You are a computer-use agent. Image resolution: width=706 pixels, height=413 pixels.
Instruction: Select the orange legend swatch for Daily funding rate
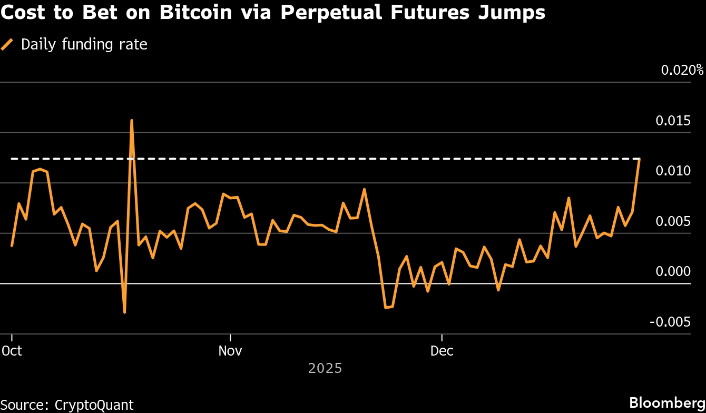[x=7, y=45]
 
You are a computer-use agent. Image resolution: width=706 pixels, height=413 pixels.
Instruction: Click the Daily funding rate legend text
[x=84, y=45]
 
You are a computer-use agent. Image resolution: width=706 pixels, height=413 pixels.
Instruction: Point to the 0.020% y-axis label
[x=682, y=70]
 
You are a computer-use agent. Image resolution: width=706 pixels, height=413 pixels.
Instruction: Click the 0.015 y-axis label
[x=673, y=121]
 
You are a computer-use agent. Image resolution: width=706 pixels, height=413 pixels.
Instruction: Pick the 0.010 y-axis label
[x=673, y=171]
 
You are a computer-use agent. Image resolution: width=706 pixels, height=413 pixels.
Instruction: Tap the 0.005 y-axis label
[x=673, y=221]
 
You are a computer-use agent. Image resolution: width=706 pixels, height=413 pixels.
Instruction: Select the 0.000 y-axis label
[x=673, y=271]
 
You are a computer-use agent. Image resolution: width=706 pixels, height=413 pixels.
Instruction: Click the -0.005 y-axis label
[x=670, y=322]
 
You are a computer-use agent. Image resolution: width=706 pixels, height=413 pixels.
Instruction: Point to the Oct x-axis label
[x=12, y=350]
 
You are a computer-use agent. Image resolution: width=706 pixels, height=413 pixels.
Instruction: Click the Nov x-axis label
[x=230, y=350]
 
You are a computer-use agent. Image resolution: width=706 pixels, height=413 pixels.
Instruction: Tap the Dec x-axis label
[x=442, y=350]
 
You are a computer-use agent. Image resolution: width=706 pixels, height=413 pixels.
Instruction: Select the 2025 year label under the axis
[x=325, y=368]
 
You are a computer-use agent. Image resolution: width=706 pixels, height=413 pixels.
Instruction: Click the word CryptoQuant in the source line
[x=94, y=405]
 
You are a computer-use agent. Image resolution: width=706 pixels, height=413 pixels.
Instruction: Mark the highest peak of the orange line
[x=131, y=120]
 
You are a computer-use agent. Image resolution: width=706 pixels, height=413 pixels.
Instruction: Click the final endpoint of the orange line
[x=640, y=159]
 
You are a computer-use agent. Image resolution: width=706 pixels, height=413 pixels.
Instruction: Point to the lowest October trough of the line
[x=124, y=312]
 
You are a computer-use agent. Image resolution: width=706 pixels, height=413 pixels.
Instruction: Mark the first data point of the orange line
[x=12, y=246]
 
